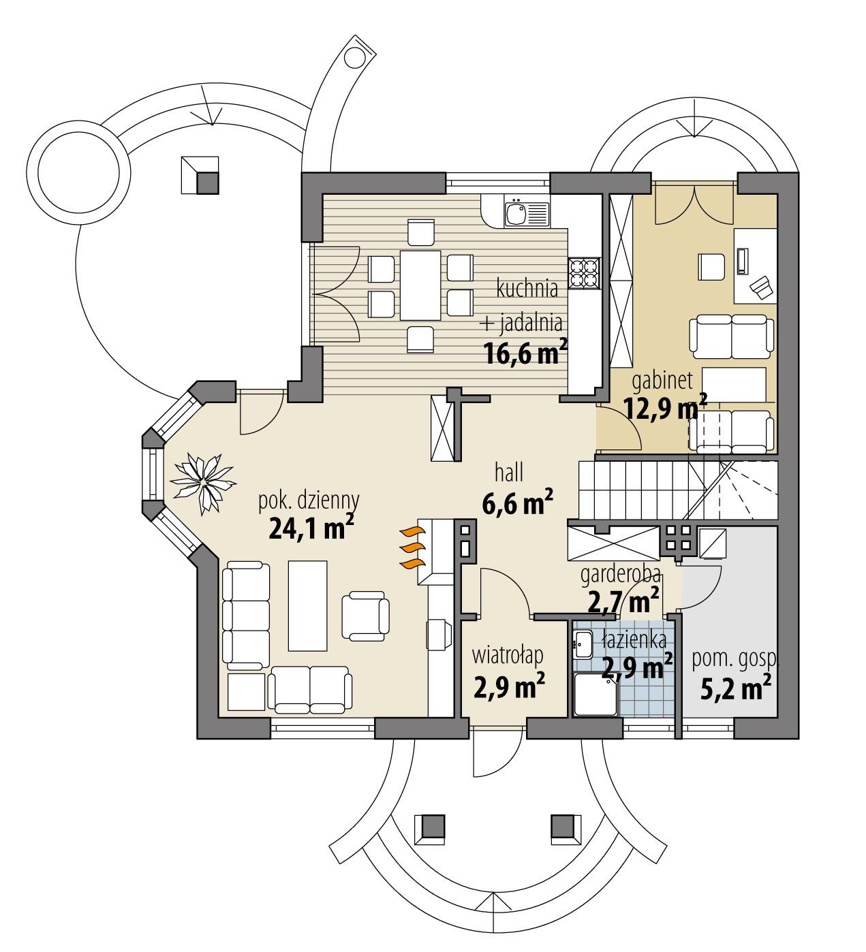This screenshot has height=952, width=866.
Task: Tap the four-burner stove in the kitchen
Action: tap(584, 273)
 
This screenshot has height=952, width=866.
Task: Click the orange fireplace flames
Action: tap(411, 548)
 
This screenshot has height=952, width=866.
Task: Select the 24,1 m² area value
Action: tap(310, 528)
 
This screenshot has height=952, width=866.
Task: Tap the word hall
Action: tap(510, 472)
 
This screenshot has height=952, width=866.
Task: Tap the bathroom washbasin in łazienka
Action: tap(583, 644)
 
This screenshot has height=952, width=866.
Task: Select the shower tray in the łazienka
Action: tap(596, 694)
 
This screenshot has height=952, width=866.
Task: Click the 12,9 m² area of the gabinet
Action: tap(665, 409)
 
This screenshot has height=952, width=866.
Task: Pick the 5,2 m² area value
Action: tap(736, 686)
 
